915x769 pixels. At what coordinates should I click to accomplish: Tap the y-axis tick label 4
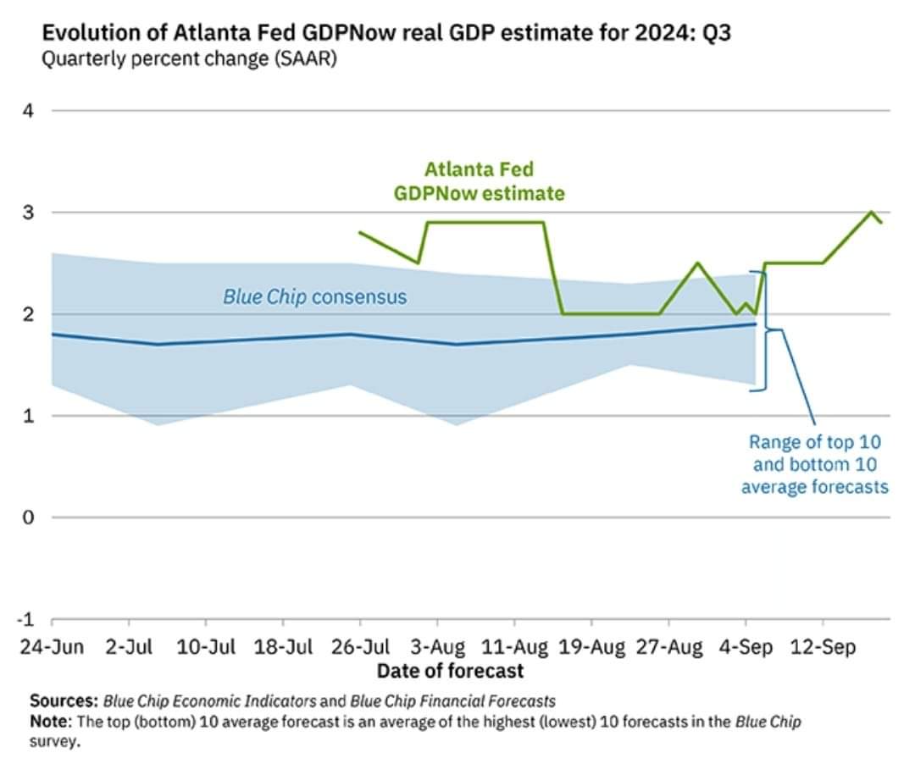27,110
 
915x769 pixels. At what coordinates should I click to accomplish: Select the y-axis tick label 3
27,213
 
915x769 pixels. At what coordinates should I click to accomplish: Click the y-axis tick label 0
27,517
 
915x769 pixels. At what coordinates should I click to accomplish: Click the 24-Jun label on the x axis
53,648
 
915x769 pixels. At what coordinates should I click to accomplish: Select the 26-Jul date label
362,648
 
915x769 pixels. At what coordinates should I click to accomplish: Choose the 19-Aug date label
591,648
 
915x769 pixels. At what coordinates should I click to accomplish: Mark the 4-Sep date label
746,648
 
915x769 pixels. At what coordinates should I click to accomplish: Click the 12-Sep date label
822,648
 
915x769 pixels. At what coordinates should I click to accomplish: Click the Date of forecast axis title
450,672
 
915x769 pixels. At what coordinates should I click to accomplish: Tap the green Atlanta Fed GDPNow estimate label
479,181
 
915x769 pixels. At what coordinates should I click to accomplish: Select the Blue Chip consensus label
314,297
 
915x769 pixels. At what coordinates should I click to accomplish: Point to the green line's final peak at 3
873,212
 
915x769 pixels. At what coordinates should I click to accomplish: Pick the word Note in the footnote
50,722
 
